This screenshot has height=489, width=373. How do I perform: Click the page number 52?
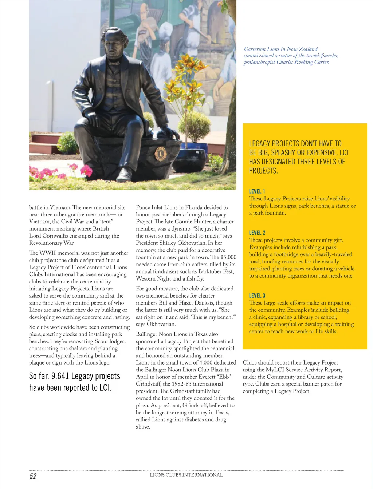coord(33,476)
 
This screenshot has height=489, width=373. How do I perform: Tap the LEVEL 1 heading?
coord(257,191)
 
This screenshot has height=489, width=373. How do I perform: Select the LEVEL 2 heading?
coord(257,233)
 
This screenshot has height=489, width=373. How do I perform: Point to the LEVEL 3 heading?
coord(257,295)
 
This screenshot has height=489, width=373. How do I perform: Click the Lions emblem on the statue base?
coord(160,154)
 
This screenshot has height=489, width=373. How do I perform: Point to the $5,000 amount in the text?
coord(228,257)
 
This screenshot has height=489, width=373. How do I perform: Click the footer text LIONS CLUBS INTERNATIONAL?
coord(186,475)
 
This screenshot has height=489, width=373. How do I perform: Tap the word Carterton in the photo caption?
coord(256,49)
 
